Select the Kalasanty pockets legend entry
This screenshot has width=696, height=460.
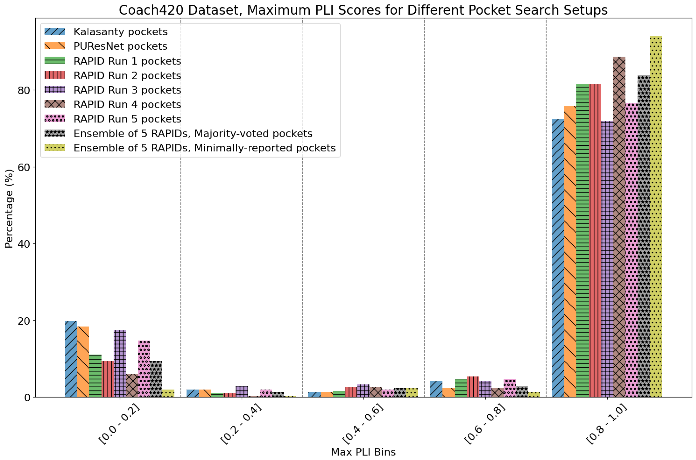(120, 32)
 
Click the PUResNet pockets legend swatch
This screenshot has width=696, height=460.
(55, 46)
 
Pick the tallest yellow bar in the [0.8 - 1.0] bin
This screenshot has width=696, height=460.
(656, 217)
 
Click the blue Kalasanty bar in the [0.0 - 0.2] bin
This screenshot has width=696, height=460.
(71, 359)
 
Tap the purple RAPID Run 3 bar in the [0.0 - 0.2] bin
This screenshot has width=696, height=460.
(120, 364)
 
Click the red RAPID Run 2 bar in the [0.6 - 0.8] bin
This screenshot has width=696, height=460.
(473, 387)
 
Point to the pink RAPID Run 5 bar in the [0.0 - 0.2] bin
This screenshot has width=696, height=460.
(144, 369)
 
